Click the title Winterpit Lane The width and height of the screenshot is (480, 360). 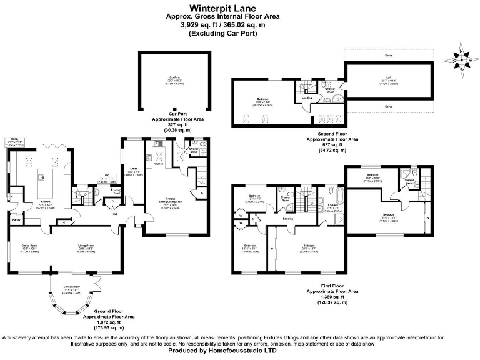pos(239,7)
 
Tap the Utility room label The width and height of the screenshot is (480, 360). pos(12,141)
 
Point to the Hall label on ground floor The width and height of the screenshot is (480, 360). pos(116,214)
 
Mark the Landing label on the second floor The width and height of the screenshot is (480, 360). pos(307,97)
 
